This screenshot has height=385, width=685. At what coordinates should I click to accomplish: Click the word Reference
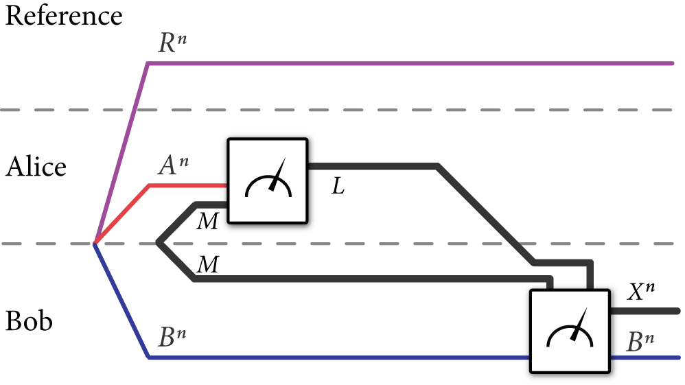64,15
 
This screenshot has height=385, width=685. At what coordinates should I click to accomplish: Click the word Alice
36,167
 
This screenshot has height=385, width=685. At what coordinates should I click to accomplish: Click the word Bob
30,321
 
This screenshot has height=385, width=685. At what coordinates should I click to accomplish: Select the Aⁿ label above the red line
171,166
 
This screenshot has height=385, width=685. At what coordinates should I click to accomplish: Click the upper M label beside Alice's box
207,221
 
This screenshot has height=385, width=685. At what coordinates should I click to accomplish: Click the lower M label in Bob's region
207,265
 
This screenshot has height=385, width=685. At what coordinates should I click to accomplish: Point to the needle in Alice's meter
278,174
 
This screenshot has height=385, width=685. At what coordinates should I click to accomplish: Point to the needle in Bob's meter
579,327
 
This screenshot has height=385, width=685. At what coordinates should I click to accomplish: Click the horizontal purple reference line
412,63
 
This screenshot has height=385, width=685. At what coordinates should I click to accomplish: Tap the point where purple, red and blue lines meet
95,243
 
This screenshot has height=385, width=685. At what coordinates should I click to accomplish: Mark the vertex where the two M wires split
159,242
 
